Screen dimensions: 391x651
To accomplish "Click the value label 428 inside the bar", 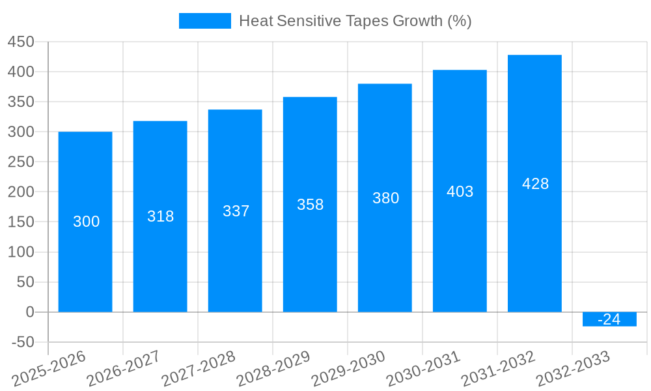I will point(535,184).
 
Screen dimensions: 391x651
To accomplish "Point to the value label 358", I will point(310,205).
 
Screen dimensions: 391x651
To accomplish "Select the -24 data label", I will point(609,319).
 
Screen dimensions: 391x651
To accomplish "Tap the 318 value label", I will point(160,216).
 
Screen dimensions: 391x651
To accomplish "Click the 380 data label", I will point(385,198).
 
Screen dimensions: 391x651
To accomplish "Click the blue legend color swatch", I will point(205,21).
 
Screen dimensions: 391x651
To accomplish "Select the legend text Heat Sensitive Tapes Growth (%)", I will point(355,21).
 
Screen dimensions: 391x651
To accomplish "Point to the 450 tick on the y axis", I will point(21,42).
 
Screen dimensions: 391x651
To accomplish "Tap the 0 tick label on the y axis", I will point(30,312).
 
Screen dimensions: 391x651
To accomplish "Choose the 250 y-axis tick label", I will point(21,162).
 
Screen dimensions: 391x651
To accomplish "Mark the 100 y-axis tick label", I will point(21,252).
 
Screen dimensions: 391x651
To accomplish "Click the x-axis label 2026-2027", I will point(123,368).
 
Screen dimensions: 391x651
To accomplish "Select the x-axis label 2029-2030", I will point(348,368).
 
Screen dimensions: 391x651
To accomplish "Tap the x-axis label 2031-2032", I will point(497,368).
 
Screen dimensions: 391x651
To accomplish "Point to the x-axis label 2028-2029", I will point(273,368).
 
